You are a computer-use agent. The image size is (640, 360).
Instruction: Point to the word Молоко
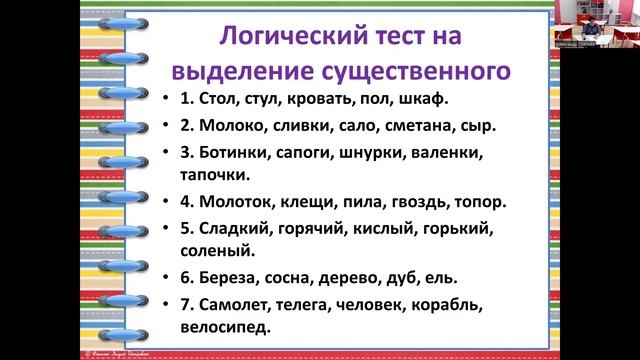point(231,128)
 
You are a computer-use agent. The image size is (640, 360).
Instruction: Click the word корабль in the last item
point(460,303)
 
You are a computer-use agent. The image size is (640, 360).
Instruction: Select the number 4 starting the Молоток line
point(185,201)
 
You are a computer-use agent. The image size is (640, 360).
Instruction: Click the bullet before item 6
point(165,276)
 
